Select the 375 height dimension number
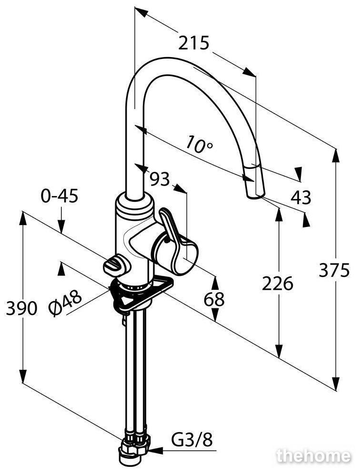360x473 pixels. click(x=334, y=270)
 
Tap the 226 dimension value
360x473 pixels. click(x=278, y=284)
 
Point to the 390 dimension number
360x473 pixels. click(x=21, y=308)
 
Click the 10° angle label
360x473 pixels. click(x=199, y=144)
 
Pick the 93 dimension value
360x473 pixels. click(x=160, y=179)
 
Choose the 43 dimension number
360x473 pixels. click(x=300, y=197)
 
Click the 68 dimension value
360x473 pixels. click(x=214, y=299)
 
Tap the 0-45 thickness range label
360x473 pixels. click(x=60, y=196)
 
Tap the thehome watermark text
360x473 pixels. click(x=314, y=456)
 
